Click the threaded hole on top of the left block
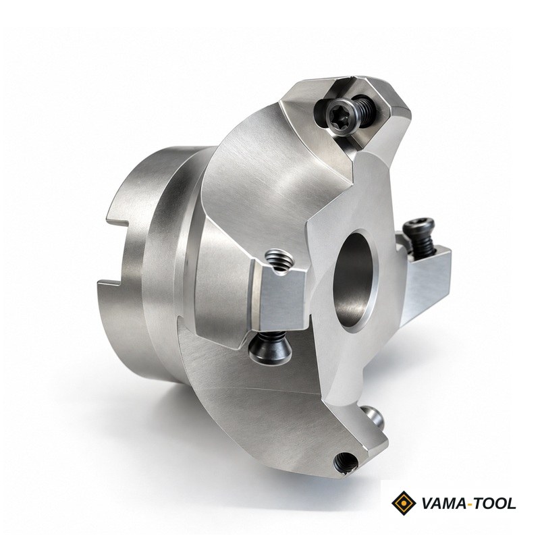(x=279, y=260)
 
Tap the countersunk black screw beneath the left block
(x=270, y=348)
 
